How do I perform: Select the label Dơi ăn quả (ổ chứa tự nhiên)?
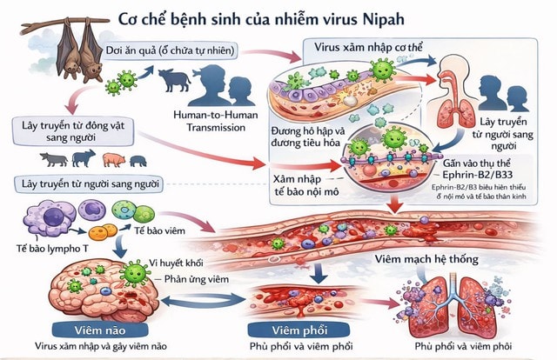[170, 50]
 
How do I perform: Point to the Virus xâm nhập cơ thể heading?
[366, 48]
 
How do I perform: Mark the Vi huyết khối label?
[180, 262]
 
